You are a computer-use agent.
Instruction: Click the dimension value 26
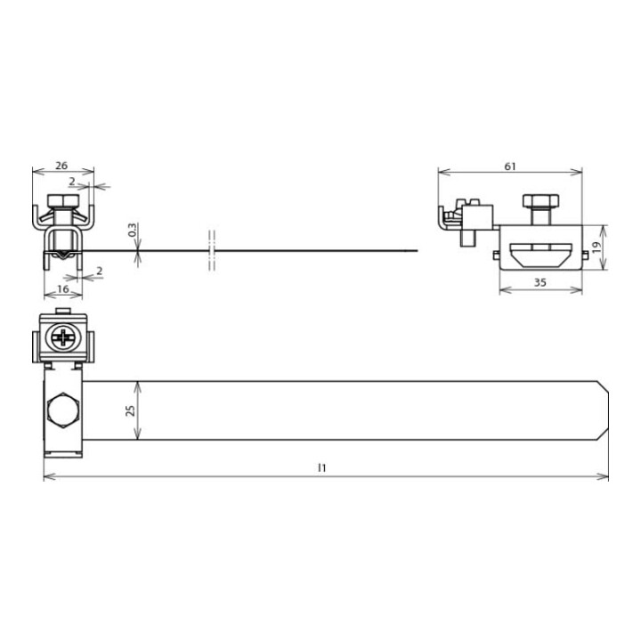(x=61, y=165)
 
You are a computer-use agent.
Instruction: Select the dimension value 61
(x=510, y=165)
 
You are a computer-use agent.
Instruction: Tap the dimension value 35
(x=540, y=283)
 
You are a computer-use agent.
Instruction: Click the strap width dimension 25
(x=131, y=410)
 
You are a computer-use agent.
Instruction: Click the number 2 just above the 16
(x=98, y=270)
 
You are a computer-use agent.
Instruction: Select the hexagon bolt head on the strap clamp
(x=62, y=411)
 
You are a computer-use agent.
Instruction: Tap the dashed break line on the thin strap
(x=212, y=250)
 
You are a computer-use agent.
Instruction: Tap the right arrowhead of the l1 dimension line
(x=604, y=478)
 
